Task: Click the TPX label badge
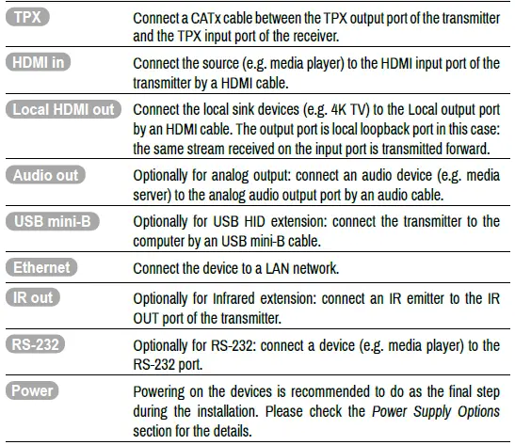pos(33,18)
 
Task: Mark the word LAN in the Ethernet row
pos(282,268)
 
